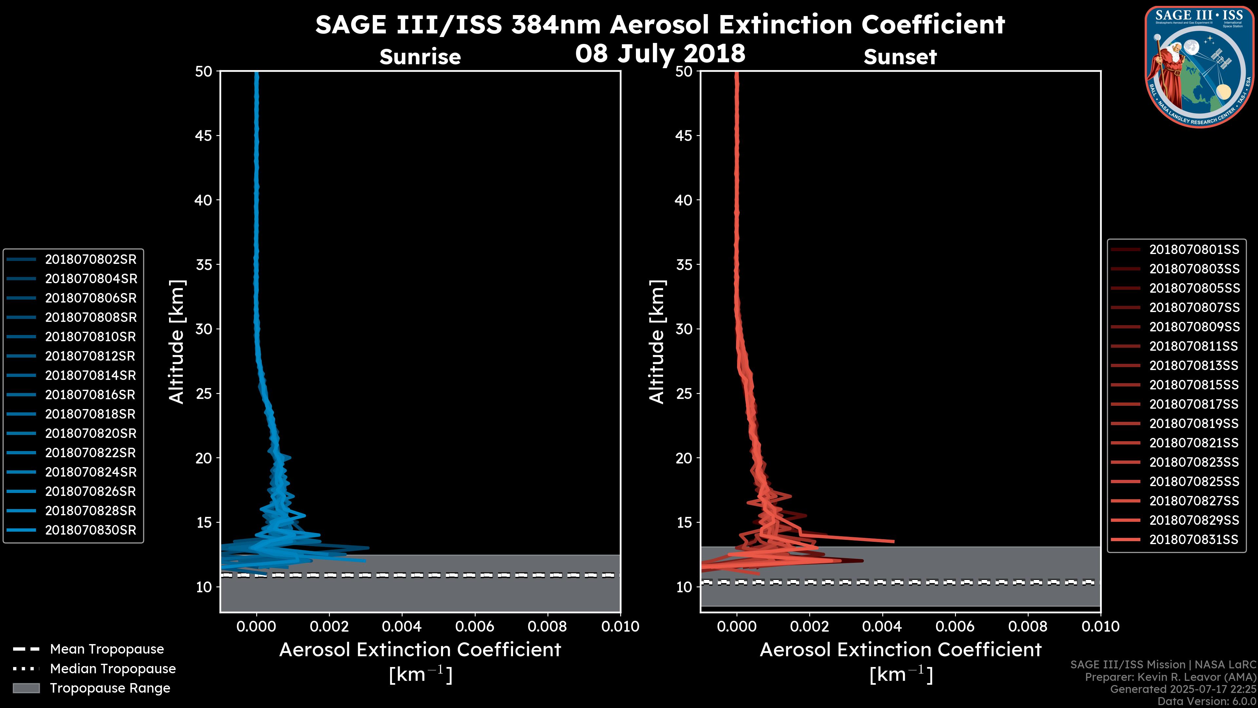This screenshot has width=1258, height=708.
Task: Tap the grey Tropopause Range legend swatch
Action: click(x=26, y=688)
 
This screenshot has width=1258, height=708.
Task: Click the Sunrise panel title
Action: click(x=420, y=57)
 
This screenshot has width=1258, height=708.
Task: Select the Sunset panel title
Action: click(x=900, y=57)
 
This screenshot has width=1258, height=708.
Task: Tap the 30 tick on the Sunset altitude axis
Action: click(x=684, y=329)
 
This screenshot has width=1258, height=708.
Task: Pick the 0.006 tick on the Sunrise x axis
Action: click(x=475, y=626)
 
